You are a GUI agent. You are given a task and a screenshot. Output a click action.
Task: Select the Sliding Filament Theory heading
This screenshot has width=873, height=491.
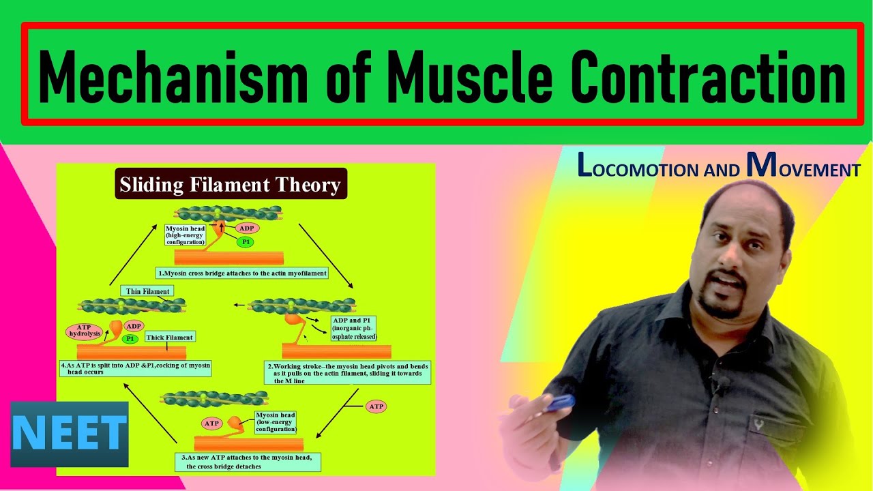(231, 184)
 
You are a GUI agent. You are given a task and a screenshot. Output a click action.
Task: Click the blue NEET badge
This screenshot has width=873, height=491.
(70, 434)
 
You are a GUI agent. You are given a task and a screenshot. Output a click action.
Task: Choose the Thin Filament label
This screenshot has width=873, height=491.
(147, 291)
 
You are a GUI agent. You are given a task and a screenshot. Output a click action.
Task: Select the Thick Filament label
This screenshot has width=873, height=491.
(169, 336)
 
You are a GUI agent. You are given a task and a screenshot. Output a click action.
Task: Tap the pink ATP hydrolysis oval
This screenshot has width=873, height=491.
(83, 332)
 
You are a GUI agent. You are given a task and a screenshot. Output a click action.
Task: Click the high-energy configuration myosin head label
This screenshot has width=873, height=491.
(186, 235)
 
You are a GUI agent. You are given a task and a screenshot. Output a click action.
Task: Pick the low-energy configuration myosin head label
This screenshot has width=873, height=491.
(276, 422)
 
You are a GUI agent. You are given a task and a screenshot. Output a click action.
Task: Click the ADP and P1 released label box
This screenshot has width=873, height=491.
(353, 329)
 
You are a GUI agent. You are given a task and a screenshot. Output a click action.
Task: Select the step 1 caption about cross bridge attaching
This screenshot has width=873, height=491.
(242, 273)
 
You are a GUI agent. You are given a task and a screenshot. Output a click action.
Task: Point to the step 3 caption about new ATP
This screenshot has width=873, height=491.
(247, 462)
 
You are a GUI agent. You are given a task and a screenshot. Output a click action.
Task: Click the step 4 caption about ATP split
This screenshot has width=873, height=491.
(134, 368)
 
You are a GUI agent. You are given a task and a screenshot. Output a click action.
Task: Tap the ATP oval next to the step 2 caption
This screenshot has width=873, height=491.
(376, 406)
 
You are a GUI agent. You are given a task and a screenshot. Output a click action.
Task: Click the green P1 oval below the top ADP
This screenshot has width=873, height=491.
(246, 242)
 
